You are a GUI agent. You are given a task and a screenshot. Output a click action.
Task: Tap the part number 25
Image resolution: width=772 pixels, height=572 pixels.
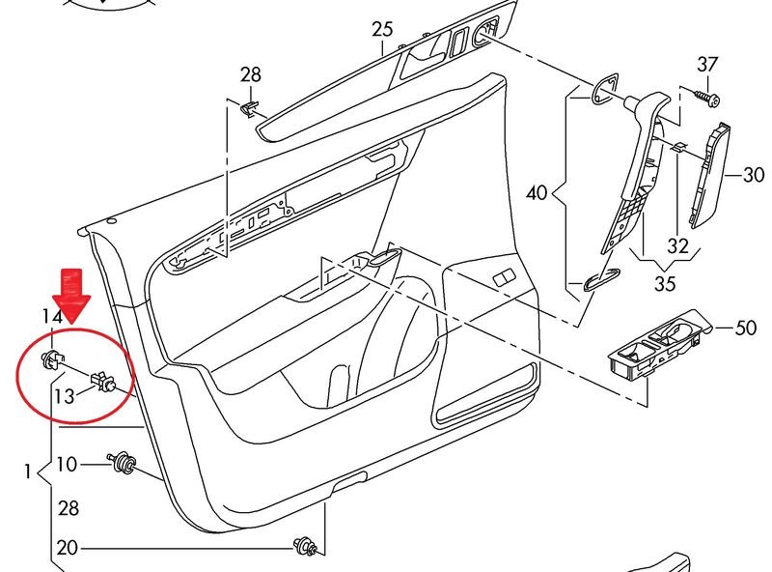tap(383, 29)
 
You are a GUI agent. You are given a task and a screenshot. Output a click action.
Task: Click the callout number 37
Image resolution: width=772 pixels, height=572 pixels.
tap(708, 65)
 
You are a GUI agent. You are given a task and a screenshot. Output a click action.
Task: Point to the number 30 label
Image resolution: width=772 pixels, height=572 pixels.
tap(753, 176)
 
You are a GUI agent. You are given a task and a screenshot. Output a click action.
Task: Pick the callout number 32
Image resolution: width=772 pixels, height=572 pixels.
tap(678, 245)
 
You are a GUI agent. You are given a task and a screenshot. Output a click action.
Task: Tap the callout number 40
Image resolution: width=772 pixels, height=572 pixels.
tap(537, 192)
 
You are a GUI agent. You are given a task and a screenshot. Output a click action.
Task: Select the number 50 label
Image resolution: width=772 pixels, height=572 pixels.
tap(745, 329)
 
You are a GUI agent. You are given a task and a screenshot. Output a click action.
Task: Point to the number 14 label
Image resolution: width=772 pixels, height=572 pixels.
tap(52, 316)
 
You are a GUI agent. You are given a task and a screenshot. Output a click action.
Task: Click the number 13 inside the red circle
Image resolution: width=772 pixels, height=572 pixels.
tap(64, 395)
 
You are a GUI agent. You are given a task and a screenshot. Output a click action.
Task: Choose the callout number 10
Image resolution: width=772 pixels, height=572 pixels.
tap(66, 465)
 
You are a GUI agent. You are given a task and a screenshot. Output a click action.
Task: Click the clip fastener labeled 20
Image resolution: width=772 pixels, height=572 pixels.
tap(306, 547)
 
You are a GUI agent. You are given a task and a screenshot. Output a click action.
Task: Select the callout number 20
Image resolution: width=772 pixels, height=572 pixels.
tap(66, 548)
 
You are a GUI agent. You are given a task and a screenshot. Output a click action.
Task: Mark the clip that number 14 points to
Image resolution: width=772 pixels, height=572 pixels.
tap(50, 360)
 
